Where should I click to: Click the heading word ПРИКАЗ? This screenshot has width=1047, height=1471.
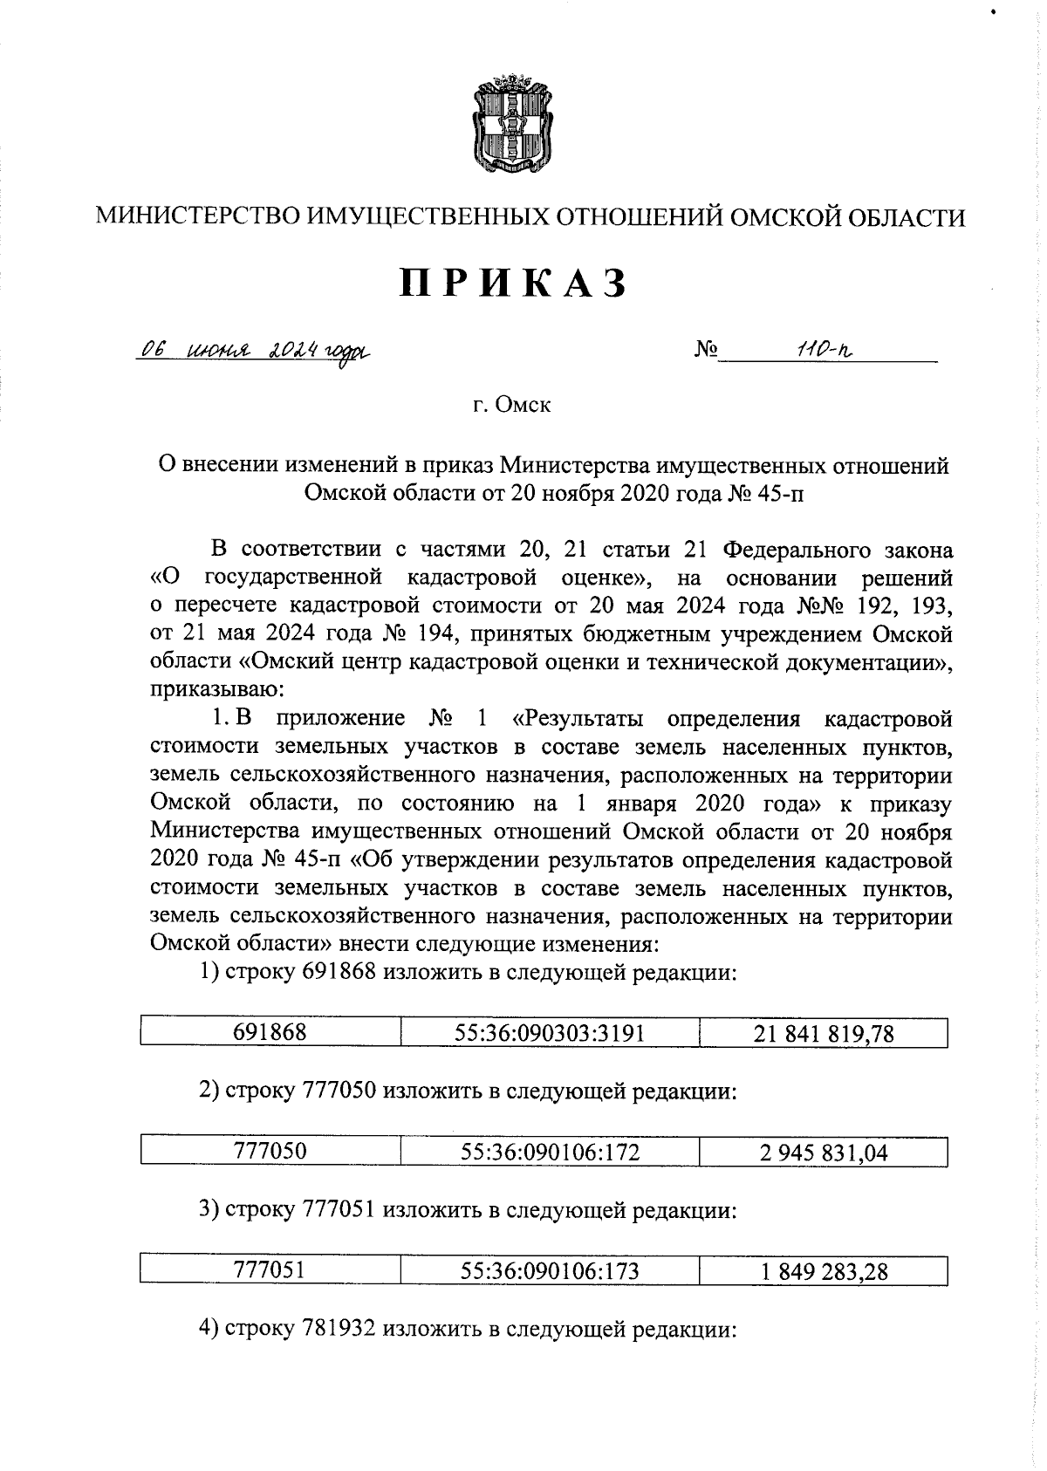click(514, 284)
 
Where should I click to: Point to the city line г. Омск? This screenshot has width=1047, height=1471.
click(512, 406)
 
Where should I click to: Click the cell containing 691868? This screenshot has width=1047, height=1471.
click(270, 1034)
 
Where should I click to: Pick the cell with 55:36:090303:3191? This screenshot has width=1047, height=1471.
click(550, 1034)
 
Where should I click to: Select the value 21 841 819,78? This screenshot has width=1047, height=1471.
click(824, 1034)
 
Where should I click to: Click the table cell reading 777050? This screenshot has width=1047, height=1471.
click(270, 1152)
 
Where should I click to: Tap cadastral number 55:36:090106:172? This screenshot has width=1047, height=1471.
click(550, 1152)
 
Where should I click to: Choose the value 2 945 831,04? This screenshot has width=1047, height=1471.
click(824, 1152)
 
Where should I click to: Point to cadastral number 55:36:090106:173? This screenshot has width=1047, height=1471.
click(550, 1270)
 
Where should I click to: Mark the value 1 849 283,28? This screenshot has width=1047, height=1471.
click(824, 1270)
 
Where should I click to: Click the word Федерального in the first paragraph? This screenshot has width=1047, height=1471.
click(797, 550)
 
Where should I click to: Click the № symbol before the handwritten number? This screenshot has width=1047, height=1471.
click(706, 351)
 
